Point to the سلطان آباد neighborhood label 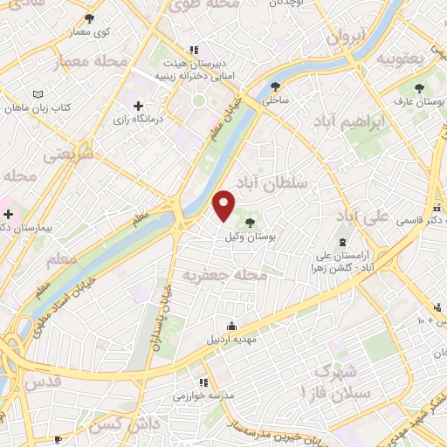point(282,183)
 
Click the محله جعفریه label point(223,275)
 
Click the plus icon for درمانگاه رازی point(138,105)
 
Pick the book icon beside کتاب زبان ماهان point(37,94)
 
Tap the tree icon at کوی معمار point(90,18)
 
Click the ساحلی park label point(276,100)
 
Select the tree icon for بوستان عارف point(418,87)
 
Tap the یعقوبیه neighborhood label point(399,58)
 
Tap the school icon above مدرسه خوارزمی point(203,382)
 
